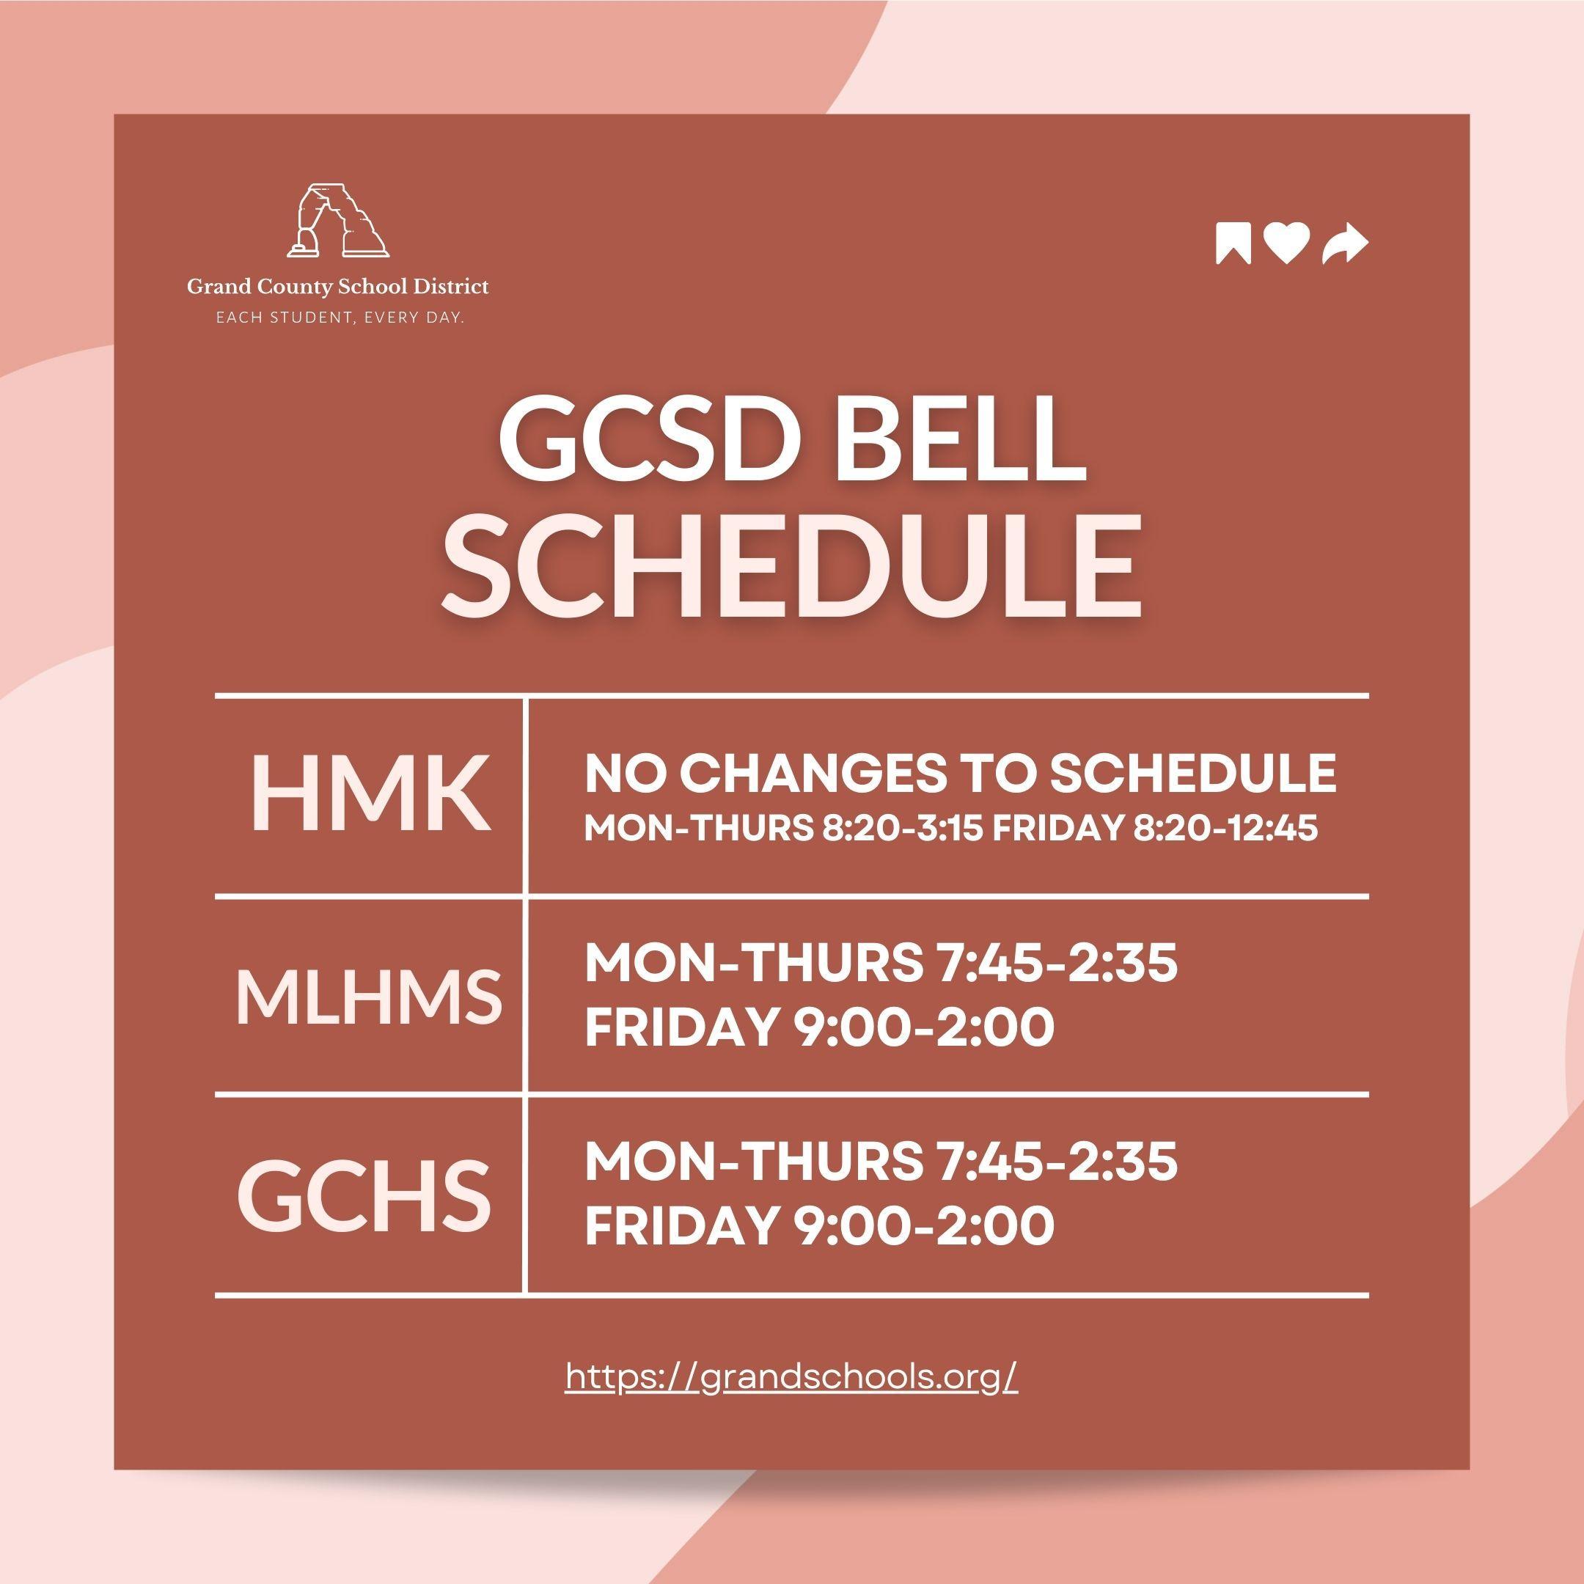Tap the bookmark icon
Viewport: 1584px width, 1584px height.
click(1233, 243)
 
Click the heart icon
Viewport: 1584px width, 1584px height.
click(1286, 243)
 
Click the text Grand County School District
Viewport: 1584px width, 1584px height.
click(338, 287)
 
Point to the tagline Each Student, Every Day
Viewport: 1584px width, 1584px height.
click(340, 317)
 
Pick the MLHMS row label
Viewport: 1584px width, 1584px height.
click(369, 996)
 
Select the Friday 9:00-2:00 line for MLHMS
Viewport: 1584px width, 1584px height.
click(819, 1027)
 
